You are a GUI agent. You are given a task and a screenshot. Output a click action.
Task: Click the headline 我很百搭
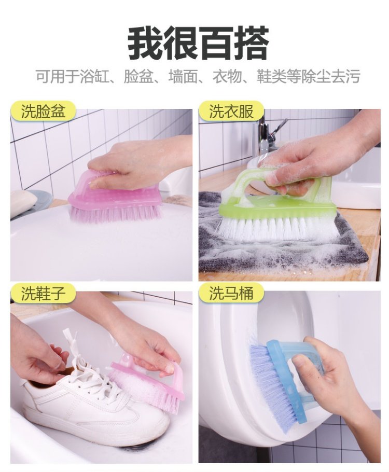(198, 43)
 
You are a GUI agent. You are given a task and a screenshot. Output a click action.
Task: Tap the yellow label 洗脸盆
(43, 112)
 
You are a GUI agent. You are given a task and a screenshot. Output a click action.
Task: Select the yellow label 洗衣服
(231, 112)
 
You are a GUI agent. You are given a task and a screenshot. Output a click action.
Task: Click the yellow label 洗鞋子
(43, 293)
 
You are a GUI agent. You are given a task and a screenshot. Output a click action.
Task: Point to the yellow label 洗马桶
(231, 293)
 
